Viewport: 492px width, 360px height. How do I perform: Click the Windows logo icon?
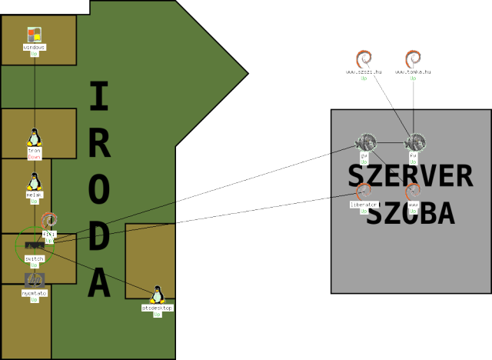34,35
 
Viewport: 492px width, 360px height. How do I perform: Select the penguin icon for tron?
34,137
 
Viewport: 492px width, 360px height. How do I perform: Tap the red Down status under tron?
34,156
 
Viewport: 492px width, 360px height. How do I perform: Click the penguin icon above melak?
34,182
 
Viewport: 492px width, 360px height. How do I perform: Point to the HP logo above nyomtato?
35,280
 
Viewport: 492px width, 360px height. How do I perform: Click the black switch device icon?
33,245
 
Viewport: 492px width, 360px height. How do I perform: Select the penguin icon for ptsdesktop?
158,295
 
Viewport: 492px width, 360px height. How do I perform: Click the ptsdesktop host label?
158,308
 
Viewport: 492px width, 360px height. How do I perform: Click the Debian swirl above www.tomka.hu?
414,59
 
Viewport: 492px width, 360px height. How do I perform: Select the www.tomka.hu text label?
414,72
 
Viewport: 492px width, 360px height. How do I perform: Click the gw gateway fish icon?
364,142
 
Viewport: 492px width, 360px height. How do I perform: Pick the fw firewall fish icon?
414,142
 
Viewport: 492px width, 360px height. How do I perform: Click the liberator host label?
364,205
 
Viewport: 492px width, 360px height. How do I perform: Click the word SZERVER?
410,177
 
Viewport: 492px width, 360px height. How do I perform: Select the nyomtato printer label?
35,293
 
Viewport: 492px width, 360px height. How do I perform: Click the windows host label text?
34,47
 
